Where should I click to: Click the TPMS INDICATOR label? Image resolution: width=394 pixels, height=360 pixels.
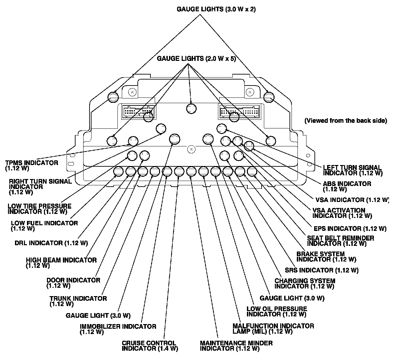32,165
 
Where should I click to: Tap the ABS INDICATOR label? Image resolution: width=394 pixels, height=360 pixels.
347,186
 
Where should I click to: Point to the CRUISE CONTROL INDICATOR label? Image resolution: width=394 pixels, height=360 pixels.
150,346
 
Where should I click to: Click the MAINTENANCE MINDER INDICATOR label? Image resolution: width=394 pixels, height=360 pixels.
236,346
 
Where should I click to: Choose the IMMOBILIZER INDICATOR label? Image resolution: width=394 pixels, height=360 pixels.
118,329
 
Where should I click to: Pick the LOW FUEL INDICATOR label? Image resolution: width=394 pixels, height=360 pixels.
44,226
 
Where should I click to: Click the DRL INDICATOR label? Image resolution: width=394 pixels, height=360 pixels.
51,243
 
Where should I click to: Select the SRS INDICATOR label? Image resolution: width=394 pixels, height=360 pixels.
321,270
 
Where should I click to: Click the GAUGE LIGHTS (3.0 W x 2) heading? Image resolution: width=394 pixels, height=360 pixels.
216,9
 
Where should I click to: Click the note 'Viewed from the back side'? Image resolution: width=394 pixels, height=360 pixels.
346,121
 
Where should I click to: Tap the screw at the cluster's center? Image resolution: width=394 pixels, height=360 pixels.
191,149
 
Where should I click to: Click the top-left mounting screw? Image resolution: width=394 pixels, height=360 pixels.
132,91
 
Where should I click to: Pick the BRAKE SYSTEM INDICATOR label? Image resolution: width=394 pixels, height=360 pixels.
326,257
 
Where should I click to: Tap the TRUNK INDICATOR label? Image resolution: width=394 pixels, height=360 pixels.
78,301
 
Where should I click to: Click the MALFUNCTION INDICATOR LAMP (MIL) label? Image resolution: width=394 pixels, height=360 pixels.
273,329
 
